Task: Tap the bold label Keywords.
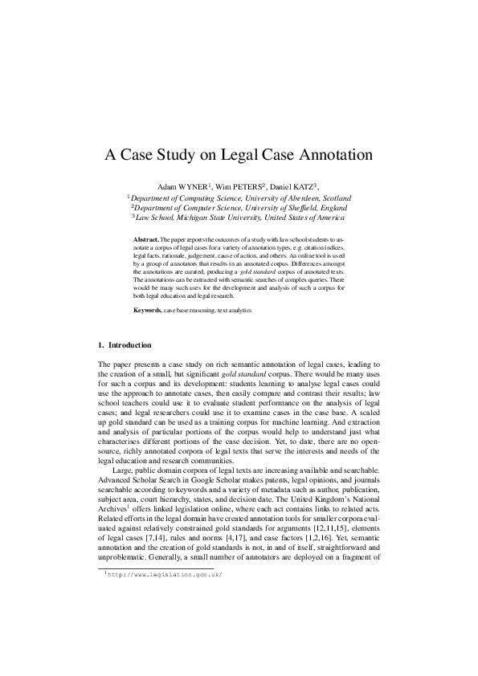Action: click(x=148, y=309)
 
